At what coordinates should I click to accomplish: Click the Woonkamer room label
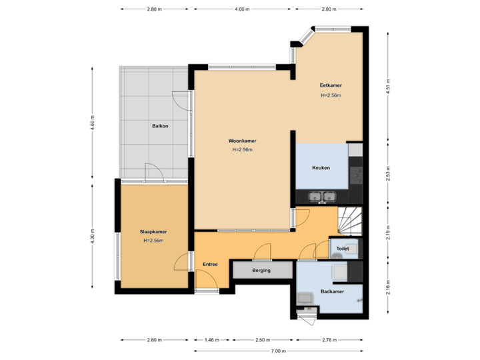pyautogui.click(x=242, y=141)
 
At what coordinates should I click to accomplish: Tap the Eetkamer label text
pyautogui.click(x=331, y=85)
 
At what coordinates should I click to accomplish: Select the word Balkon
pyautogui.click(x=160, y=126)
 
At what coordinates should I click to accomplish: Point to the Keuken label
pyautogui.click(x=321, y=168)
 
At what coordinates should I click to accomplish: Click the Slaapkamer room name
pyautogui.click(x=153, y=232)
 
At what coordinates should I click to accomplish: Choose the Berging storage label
pyautogui.click(x=261, y=271)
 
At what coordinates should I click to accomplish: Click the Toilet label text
pyautogui.click(x=343, y=249)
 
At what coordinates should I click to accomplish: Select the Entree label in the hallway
pyautogui.click(x=211, y=265)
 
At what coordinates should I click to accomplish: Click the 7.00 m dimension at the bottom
pyautogui.click(x=278, y=351)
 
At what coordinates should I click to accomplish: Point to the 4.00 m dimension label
pyautogui.click(x=242, y=9)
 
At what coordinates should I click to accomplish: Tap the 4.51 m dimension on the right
pyautogui.click(x=388, y=87)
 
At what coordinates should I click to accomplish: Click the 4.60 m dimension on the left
pyautogui.click(x=93, y=123)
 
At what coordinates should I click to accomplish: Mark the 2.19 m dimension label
pyautogui.click(x=388, y=231)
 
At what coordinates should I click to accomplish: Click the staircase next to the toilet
pyautogui.click(x=350, y=221)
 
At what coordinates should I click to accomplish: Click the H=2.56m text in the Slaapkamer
pyautogui.click(x=153, y=241)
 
